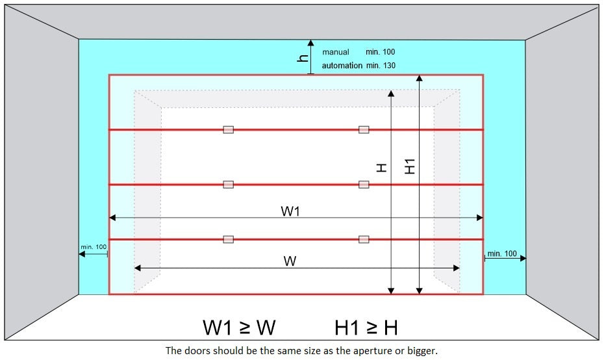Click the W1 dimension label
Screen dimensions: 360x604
290,211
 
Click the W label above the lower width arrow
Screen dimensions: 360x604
290,261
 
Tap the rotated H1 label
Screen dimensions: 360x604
410,166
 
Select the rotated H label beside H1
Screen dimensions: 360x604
382,168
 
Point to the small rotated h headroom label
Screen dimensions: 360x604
303,58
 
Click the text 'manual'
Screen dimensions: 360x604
336,52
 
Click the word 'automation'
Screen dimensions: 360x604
342,66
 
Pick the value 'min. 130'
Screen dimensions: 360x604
381,66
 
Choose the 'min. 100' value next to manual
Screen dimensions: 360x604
380,52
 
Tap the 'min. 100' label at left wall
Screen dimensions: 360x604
94,247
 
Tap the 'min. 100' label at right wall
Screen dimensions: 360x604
502,253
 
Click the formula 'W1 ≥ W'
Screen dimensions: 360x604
240,328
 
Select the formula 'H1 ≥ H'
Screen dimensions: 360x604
366,328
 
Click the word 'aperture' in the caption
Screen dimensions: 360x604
379,351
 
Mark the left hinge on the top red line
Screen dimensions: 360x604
228,130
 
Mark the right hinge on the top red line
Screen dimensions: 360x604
364,130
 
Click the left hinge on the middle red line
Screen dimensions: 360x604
228,185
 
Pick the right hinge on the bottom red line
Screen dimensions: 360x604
364,240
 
